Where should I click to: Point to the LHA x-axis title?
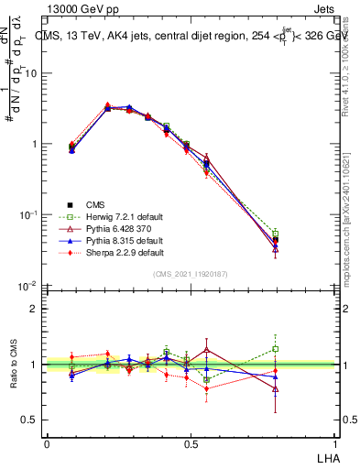coord(326,455)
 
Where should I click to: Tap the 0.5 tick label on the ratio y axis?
coord(31,420)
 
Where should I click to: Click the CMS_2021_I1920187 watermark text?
coord(191,273)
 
